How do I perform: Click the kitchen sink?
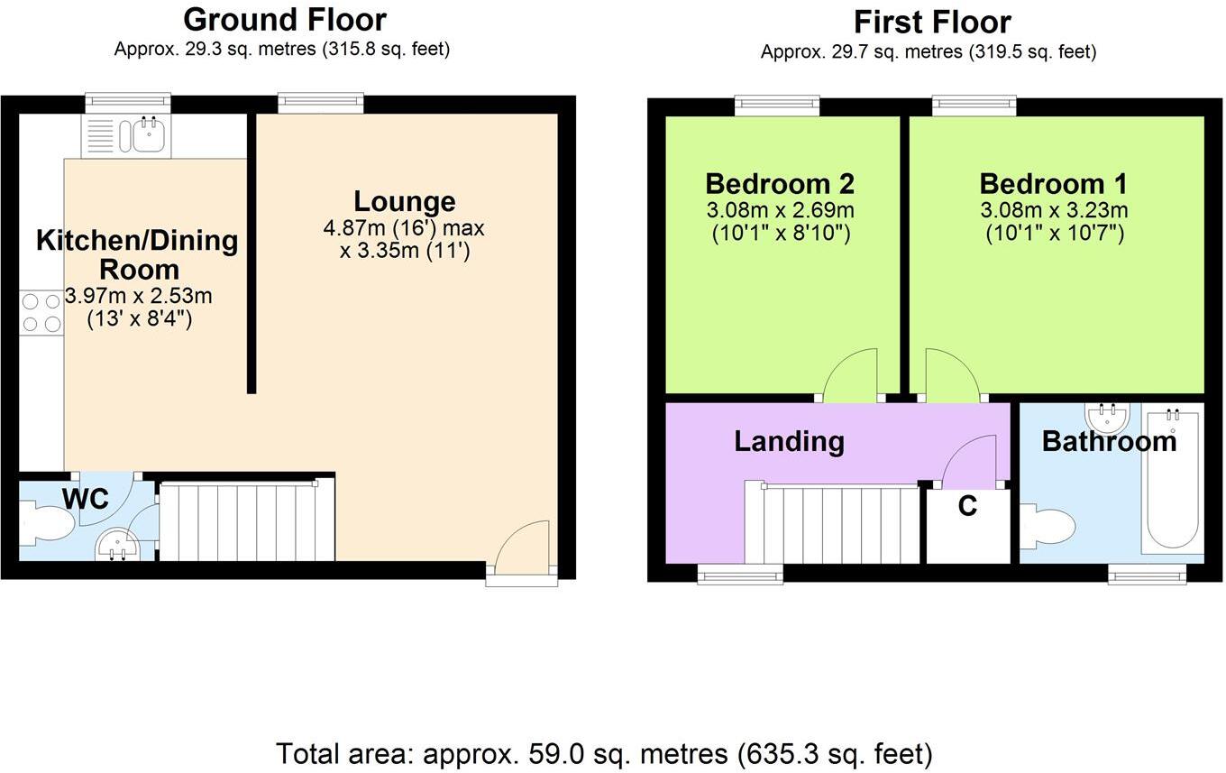click(x=147, y=136)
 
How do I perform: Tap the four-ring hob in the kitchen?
click(x=41, y=312)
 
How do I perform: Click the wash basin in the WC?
click(x=117, y=544)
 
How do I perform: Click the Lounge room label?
click(x=404, y=201)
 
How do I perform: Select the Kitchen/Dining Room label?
click(x=137, y=254)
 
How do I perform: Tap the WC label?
click(x=85, y=498)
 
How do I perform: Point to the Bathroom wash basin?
click(x=1108, y=418)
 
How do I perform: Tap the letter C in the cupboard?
click(x=967, y=507)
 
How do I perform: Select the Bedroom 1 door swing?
click(x=947, y=377)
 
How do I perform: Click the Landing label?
click(x=789, y=441)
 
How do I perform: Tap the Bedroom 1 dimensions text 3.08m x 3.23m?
click(x=1053, y=211)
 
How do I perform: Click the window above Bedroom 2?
click(x=776, y=106)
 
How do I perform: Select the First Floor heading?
click(x=932, y=21)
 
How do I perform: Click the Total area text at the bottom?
click(x=604, y=753)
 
